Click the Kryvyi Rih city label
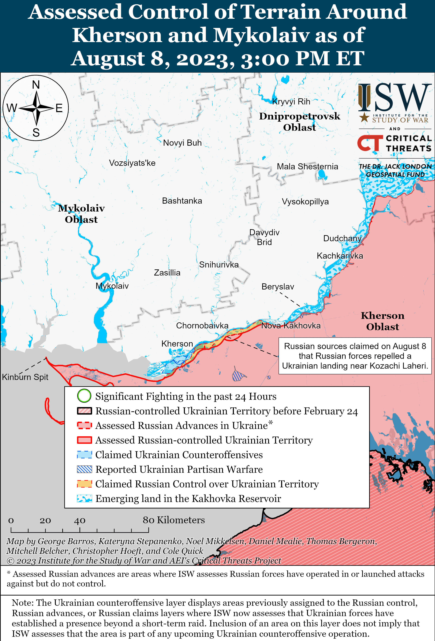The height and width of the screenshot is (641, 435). (291, 102)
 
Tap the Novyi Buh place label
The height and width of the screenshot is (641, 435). (182, 143)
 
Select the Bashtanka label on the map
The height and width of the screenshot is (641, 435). (182, 201)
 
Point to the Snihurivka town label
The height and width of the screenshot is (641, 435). (219, 265)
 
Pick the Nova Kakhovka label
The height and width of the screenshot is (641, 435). (291, 326)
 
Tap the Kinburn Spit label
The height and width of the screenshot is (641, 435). (25, 377)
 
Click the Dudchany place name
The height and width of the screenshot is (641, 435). (342, 239)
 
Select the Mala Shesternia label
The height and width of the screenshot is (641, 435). (307, 167)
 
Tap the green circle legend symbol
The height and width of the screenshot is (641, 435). (84, 396)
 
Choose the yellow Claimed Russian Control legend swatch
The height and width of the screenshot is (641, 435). (84, 484)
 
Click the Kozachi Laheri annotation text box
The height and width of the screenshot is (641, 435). (355, 356)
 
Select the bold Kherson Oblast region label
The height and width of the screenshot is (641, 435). (382, 321)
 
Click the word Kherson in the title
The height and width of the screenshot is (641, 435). (117, 35)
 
